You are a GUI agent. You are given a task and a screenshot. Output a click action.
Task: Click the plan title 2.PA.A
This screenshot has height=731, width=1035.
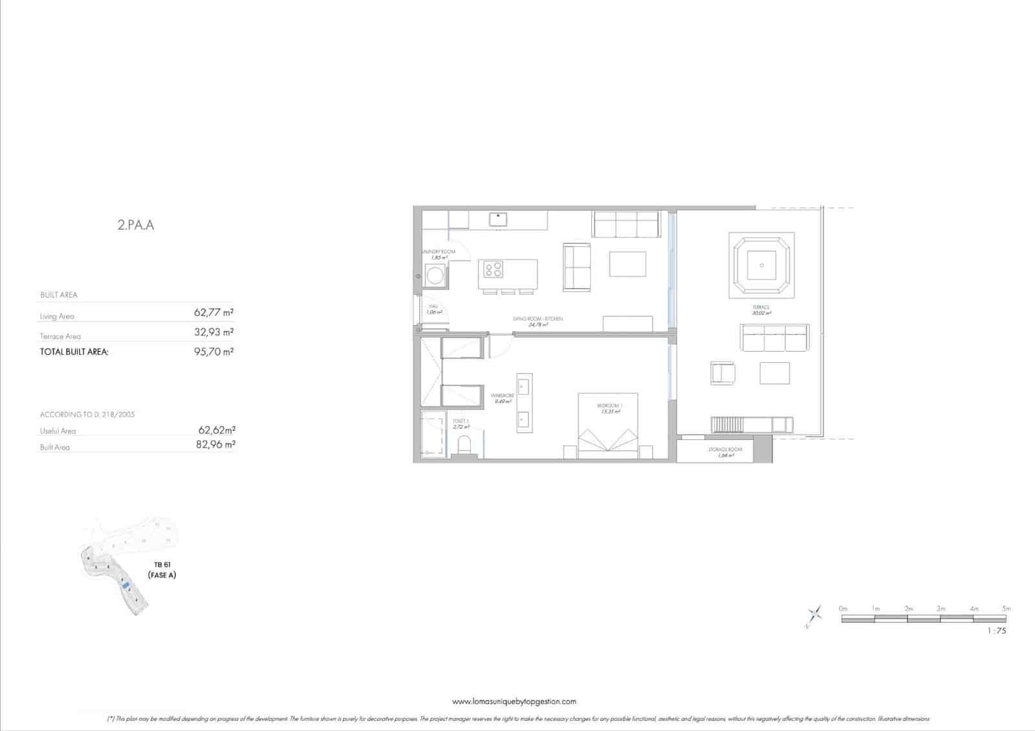point(136,226)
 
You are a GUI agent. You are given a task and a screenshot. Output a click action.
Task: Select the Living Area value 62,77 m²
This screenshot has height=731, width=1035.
point(213,312)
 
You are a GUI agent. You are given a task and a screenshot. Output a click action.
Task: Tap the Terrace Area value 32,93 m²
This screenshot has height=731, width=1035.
point(213,332)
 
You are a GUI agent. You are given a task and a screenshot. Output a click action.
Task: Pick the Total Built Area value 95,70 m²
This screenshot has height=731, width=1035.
point(213,352)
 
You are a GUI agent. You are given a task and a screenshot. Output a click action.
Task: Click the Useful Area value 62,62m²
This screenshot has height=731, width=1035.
point(216,430)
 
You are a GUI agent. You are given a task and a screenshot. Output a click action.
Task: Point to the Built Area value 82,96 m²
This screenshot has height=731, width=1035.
point(215,444)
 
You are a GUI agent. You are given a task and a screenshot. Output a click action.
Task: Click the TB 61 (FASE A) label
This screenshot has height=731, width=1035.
point(162,570)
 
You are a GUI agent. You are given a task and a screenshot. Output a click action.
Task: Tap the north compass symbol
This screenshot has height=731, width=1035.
point(814,615)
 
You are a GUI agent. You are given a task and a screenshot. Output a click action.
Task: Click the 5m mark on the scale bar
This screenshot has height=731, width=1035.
point(1005,609)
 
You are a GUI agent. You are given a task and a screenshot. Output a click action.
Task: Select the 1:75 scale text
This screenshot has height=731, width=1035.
point(997,631)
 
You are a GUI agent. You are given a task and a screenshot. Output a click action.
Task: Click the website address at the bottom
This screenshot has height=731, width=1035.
point(514,701)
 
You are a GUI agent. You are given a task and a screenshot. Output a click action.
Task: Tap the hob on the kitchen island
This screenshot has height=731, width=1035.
point(494,268)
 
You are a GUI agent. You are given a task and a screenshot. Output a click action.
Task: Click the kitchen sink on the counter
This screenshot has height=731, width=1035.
point(497,219)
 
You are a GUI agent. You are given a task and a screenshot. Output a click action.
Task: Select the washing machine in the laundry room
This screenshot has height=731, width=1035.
point(434,277)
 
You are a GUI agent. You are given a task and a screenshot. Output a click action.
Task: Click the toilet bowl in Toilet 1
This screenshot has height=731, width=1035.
point(464,446)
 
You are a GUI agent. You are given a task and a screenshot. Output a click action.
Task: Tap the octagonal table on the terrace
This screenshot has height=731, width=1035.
point(761,265)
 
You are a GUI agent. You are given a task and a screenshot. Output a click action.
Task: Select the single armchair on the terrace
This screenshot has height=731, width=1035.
point(723,373)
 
